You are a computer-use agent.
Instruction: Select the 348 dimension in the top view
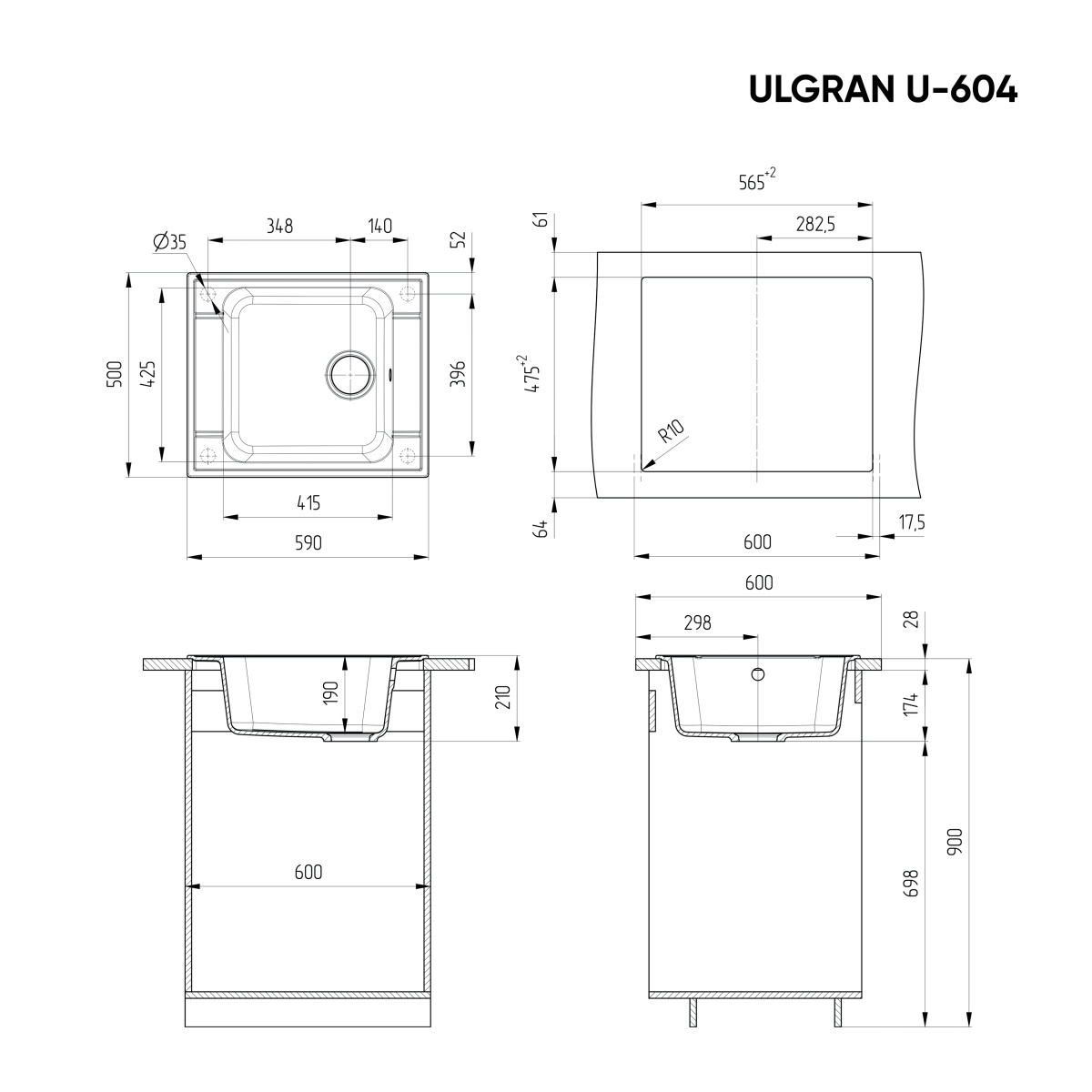tap(279, 227)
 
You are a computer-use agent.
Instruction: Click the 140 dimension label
tap(379, 227)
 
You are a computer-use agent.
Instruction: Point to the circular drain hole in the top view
tap(350, 375)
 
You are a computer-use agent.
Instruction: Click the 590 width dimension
tap(308, 543)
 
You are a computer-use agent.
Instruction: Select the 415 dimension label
tap(308, 502)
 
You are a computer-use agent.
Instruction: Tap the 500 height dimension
tap(114, 374)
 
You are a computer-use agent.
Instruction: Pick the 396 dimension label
tap(459, 374)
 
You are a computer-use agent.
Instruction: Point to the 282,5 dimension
tap(815, 226)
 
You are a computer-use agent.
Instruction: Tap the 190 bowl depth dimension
tap(331, 693)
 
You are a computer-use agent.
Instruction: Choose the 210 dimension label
tap(503, 698)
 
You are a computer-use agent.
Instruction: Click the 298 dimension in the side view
tap(696, 623)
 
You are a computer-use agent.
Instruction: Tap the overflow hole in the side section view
tap(758, 675)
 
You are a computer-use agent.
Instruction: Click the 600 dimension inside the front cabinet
tap(308, 872)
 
